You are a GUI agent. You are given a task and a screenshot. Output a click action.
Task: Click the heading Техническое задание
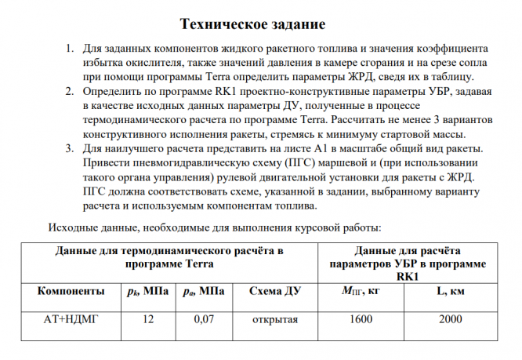[x=252, y=24]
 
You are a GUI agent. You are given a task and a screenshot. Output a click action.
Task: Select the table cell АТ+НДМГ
[x=70, y=321]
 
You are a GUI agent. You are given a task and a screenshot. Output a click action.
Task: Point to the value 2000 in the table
[x=450, y=321]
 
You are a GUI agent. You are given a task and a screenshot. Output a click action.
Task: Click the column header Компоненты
[x=71, y=292]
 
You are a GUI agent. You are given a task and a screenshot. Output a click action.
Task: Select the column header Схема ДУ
[x=275, y=292]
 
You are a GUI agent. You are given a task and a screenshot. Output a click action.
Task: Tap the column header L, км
[x=451, y=292]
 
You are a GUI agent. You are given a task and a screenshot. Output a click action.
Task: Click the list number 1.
[x=68, y=48]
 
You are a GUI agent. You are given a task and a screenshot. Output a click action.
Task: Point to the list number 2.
[x=68, y=92]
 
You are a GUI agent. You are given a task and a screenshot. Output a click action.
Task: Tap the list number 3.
[x=68, y=149]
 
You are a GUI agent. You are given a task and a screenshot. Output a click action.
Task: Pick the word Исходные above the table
[x=73, y=227]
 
